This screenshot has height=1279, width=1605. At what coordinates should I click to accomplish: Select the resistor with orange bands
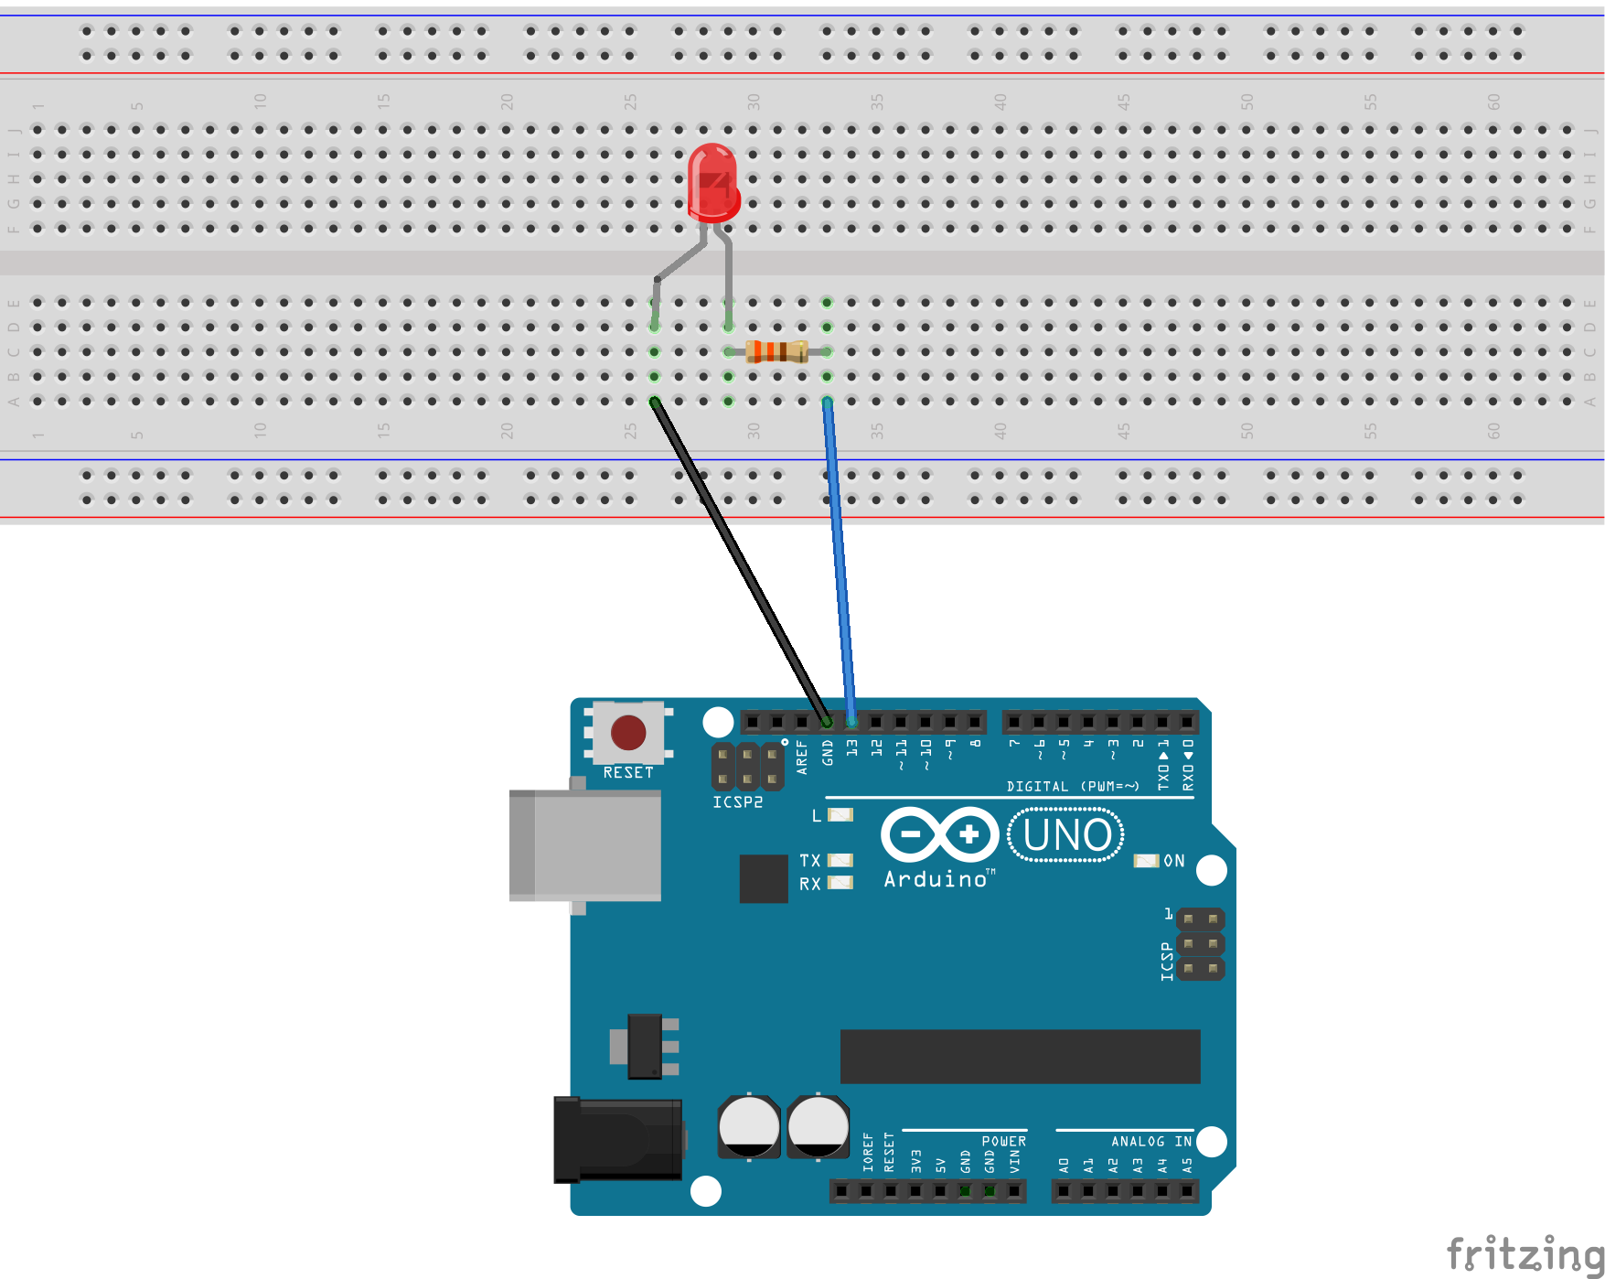(x=776, y=351)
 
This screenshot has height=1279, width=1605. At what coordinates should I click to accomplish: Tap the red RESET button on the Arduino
(x=628, y=732)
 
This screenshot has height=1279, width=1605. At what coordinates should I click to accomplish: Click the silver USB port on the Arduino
(x=585, y=845)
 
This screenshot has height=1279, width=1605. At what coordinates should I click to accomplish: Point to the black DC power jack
(x=618, y=1140)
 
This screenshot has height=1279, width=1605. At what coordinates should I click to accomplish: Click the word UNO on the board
(x=1066, y=835)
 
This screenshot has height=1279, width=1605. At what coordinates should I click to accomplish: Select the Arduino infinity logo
(x=939, y=834)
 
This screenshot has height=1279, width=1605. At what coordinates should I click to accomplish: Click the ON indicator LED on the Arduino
(x=1145, y=861)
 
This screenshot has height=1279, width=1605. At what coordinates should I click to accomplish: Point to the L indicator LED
(x=840, y=814)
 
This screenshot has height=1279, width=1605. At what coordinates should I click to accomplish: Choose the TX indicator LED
(x=840, y=860)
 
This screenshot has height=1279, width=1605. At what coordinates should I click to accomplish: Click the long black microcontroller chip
(x=1020, y=1056)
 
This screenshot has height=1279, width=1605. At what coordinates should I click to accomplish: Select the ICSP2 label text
(x=737, y=802)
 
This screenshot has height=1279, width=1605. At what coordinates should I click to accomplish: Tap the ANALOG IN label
(x=1150, y=1141)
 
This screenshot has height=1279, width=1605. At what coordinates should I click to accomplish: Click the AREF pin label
(x=802, y=758)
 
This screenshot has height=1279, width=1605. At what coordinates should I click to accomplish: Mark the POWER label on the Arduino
(x=1003, y=1141)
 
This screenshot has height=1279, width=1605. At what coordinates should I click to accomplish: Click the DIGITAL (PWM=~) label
(x=1073, y=786)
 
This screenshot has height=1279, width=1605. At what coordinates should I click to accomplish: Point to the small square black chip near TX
(x=764, y=878)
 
